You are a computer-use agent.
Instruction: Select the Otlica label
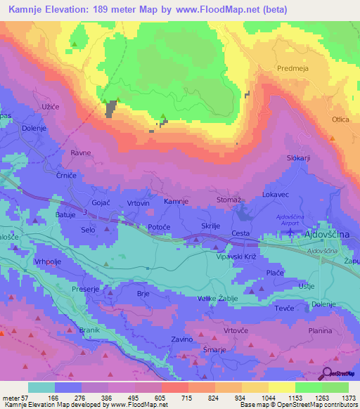coord(341,120)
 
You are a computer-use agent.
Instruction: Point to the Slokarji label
coord(298,158)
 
